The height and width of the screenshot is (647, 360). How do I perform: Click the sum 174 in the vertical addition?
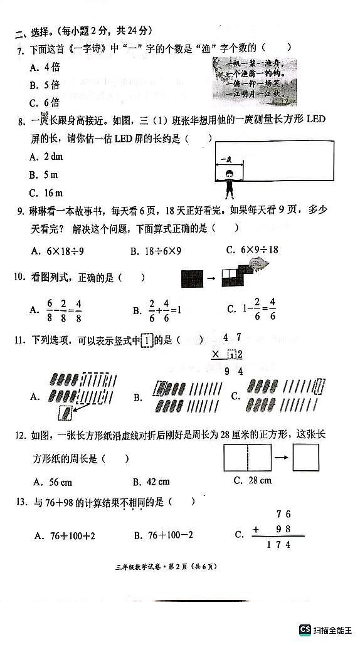point(278,545)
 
